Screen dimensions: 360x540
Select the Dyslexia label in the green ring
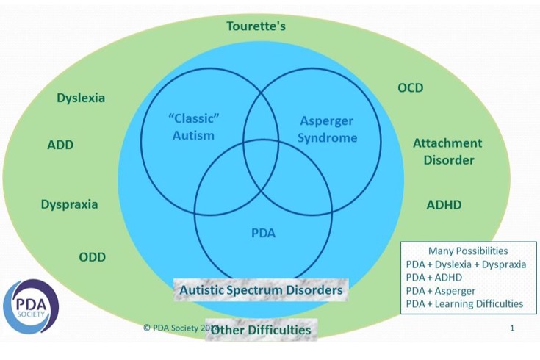pyautogui.click(x=81, y=98)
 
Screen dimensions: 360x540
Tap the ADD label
pyautogui.click(x=60, y=145)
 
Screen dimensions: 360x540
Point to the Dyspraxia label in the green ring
pyautogui.click(x=69, y=204)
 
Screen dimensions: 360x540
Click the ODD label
pyautogui.click(x=93, y=256)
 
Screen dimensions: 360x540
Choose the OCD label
pyautogui.click(x=411, y=88)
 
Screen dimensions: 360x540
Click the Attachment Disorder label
pyautogui.click(x=447, y=151)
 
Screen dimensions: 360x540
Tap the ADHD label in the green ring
pyautogui.click(x=444, y=205)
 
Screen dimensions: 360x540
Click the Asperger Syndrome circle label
pyautogui.click(x=328, y=129)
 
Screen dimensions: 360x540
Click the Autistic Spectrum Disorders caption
pyautogui.click(x=261, y=290)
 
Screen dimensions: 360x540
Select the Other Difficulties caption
pyautogui.click(x=261, y=330)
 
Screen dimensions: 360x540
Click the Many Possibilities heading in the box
pyautogui.click(x=468, y=251)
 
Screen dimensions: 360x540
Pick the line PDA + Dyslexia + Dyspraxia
pyautogui.click(x=466, y=264)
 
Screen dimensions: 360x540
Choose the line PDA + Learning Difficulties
pyautogui.click(x=464, y=303)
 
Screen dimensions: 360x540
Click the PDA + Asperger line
pyautogui.click(x=441, y=290)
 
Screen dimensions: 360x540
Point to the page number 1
pyautogui.click(x=512, y=328)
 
